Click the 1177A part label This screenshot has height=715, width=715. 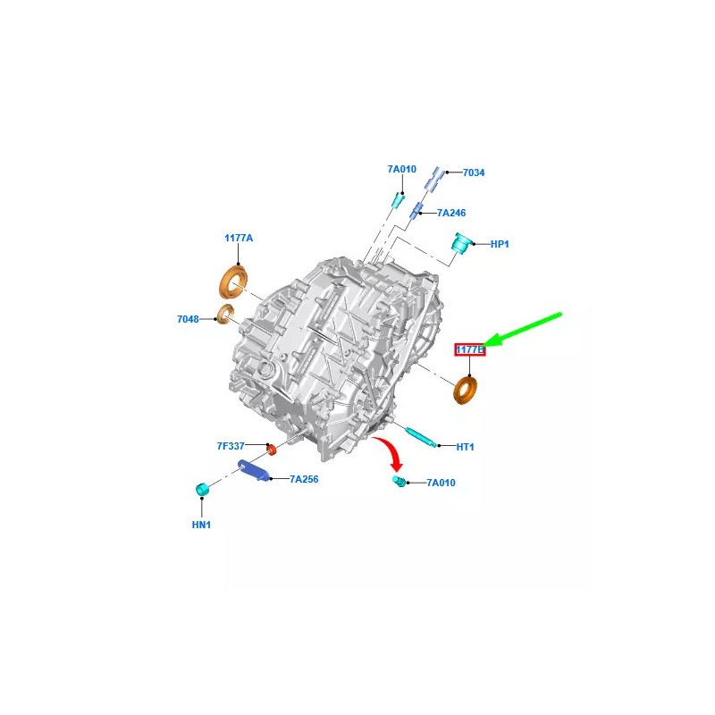click(x=239, y=238)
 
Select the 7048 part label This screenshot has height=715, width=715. click(x=188, y=319)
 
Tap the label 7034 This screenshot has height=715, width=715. click(x=474, y=172)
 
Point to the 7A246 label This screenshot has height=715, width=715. click(x=451, y=213)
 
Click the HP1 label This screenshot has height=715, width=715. click(x=500, y=244)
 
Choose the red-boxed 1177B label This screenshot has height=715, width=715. click(x=470, y=349)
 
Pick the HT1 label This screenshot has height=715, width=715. click(x=465, y=448)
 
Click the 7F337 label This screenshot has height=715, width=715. click(x=231, y=446)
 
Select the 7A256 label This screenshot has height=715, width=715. click(x=304, y=479)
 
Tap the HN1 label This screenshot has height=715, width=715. click(x=201, y=525)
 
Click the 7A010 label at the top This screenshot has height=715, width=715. click(x=402, y=169)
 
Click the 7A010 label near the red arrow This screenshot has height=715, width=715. click(x=441, y=483)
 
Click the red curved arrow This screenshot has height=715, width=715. click(x=389, y=451)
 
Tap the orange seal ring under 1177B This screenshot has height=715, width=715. click(x=466, y=391)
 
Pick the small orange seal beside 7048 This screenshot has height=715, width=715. click(x=225, y=315)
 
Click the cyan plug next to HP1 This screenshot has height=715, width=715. click(x=460, y=241)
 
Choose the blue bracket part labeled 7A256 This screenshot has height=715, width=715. click(x=254, y=470)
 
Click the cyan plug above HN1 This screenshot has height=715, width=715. click(x=202, y=489)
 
